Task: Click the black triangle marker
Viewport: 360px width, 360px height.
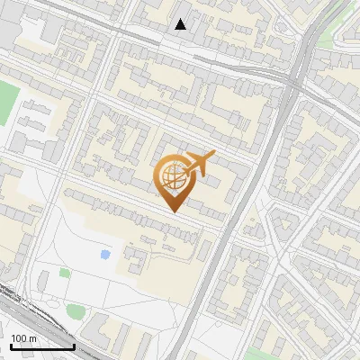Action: pos(181,24)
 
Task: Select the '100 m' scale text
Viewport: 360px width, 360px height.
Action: pos(24,338)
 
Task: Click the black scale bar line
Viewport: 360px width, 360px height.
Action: pos(42,346)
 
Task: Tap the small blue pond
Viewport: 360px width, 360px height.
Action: pos(106,255)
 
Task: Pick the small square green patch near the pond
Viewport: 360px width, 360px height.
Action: pos(65,272)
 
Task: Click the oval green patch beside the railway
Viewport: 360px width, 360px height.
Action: pos(76,311)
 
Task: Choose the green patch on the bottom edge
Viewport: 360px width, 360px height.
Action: pos(261,354)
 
